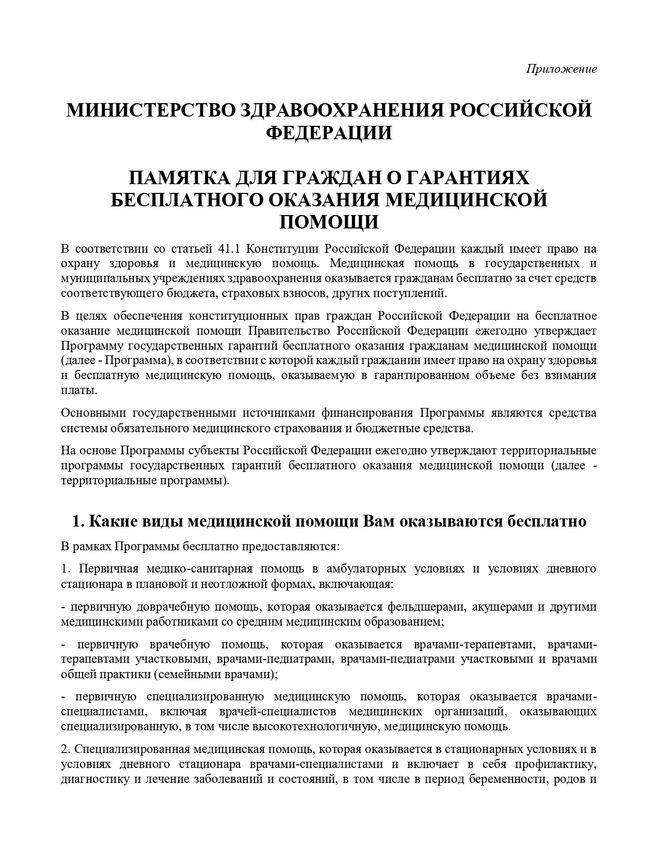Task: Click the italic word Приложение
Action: (561, 69)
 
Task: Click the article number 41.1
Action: (229, 249)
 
